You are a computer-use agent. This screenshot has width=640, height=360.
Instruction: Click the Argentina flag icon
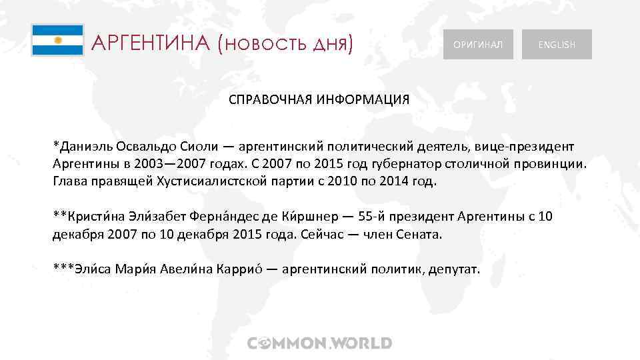(57, 40)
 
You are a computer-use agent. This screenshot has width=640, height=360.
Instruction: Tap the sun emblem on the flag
(57, 40)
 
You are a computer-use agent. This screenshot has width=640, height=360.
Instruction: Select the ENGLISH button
(557, 45)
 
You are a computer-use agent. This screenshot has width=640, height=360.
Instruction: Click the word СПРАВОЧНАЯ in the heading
(270, 99)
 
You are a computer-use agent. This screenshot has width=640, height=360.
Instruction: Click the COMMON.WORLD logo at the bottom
(320, 343)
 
